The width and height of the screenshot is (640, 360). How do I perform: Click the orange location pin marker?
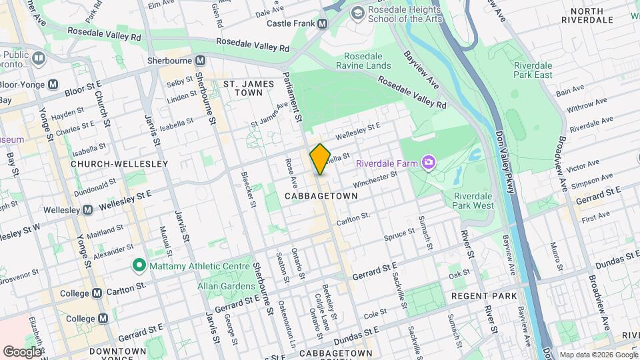320,159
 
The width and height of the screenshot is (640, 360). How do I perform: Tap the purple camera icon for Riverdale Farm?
428,163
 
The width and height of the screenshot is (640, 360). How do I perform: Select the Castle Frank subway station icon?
323,23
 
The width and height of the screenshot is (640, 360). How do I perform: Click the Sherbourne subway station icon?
199,60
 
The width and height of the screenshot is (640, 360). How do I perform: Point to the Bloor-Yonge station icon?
53,85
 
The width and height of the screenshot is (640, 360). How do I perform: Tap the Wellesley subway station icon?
87,210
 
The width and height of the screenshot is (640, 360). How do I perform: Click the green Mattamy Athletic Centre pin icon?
139,266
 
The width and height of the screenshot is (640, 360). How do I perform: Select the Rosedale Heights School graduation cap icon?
358,12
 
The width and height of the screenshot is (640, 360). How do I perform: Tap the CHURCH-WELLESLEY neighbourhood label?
109,163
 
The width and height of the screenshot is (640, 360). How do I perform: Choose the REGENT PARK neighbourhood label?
484,295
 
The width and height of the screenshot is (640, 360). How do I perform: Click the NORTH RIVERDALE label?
587,15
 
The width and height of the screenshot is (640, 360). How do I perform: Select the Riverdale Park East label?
533,70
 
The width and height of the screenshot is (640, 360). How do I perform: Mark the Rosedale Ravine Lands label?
367,61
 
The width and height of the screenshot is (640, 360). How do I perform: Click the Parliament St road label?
293,97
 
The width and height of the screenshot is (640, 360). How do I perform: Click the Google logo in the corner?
23,351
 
